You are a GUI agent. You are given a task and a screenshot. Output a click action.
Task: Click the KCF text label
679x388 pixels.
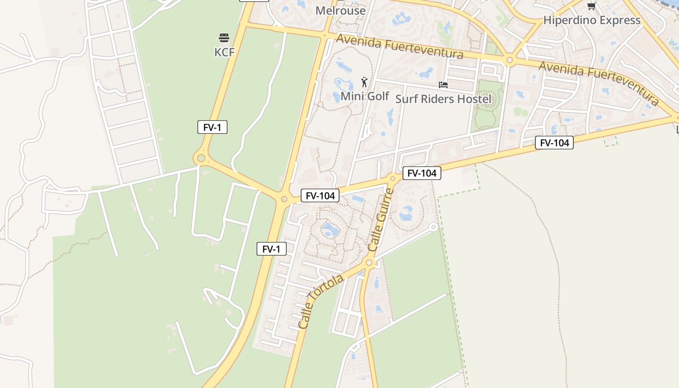[224, 52]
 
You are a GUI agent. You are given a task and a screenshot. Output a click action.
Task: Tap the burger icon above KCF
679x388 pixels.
[224, 38]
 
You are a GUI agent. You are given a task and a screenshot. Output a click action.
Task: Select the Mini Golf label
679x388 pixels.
[365, 96]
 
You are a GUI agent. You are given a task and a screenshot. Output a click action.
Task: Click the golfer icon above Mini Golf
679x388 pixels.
[364, 82]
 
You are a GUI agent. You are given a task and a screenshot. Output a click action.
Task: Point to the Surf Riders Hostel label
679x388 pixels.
[443, 99]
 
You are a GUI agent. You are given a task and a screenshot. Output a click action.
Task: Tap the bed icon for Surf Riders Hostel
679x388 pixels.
[443, 85]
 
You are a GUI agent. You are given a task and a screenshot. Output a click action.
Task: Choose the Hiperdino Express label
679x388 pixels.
[592, 20]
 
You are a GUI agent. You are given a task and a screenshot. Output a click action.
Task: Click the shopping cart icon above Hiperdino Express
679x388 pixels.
[591, 6]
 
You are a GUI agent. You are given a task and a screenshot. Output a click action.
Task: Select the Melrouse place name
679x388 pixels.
[340, 10]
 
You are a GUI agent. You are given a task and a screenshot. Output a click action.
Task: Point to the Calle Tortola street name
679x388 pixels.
[321, 301]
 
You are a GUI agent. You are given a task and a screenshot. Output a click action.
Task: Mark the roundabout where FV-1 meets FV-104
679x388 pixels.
[284, 199]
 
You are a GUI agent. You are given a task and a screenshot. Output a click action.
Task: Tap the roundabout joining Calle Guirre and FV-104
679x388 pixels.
[393, 178]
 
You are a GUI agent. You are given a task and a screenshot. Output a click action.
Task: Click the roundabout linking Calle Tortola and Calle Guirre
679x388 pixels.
[370, 263]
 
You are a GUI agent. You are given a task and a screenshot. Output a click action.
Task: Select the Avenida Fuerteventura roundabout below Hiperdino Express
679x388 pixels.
[509, 61]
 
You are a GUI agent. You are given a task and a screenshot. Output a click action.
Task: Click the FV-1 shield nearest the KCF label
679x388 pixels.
[212, 128]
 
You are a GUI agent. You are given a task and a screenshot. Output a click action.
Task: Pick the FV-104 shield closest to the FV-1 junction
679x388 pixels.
[320, 195]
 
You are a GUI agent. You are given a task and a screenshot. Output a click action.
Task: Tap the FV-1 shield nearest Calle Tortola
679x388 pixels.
[272, 249]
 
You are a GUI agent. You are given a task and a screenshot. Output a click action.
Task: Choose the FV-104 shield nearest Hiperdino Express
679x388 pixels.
[554, 143]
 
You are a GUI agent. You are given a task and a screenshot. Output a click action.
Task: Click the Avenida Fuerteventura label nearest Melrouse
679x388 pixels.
[400, 46]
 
